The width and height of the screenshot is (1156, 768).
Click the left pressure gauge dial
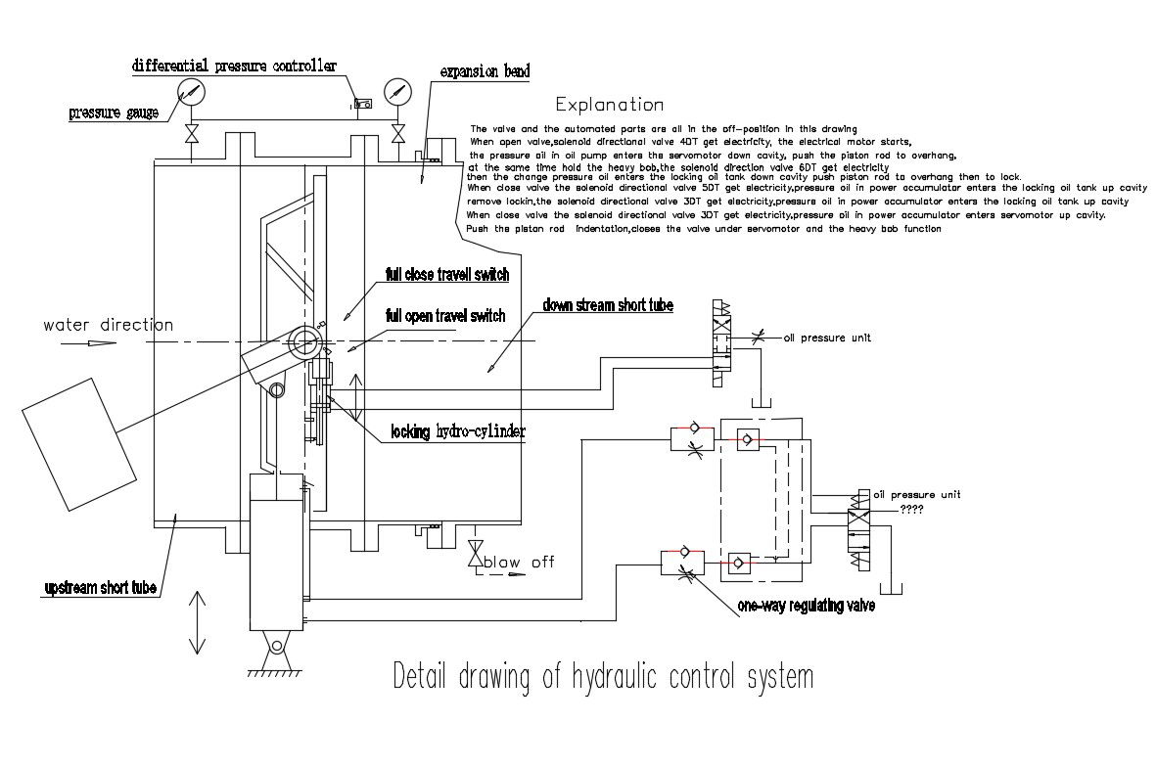coord(192,93)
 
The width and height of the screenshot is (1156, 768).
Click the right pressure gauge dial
coord(396,92)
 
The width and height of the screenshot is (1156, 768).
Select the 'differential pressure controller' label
coord(234,67)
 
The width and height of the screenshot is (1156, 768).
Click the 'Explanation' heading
coord(609,105)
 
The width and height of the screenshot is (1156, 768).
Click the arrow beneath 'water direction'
coord(89,343)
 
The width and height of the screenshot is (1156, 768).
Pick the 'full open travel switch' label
coord(445,316)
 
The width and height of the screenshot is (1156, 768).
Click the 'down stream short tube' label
coord(608,306)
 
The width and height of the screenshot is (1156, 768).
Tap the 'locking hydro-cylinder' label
coord(458,432)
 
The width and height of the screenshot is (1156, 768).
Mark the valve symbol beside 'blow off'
coord(476,553)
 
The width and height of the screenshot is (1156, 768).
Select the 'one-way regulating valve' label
coord(806,607)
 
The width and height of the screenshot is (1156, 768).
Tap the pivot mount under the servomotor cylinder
coord(276,649)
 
